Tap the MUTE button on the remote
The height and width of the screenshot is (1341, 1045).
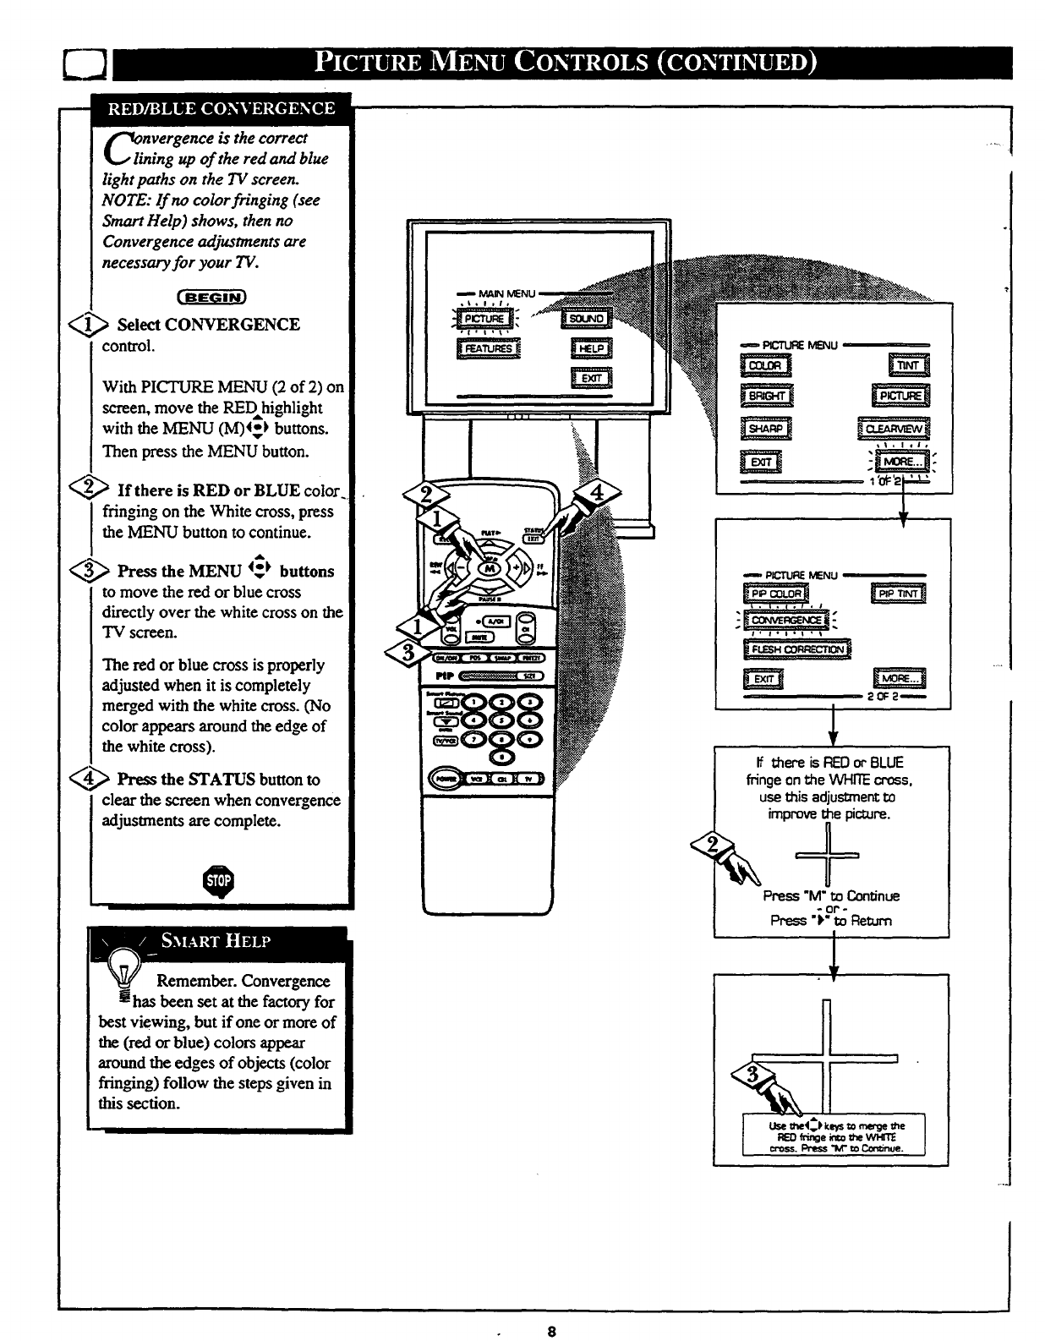474,636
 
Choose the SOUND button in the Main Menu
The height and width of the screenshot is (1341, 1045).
587,319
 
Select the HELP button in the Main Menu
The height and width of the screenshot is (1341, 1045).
592,348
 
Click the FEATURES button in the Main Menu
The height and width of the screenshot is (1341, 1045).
489,348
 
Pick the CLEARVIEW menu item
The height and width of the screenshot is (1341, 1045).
895,429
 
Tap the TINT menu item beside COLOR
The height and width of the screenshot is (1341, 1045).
907,365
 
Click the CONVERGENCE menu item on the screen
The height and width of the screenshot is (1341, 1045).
786,620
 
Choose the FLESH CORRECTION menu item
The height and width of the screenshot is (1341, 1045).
797,649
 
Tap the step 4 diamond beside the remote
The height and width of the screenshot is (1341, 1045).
597,493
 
